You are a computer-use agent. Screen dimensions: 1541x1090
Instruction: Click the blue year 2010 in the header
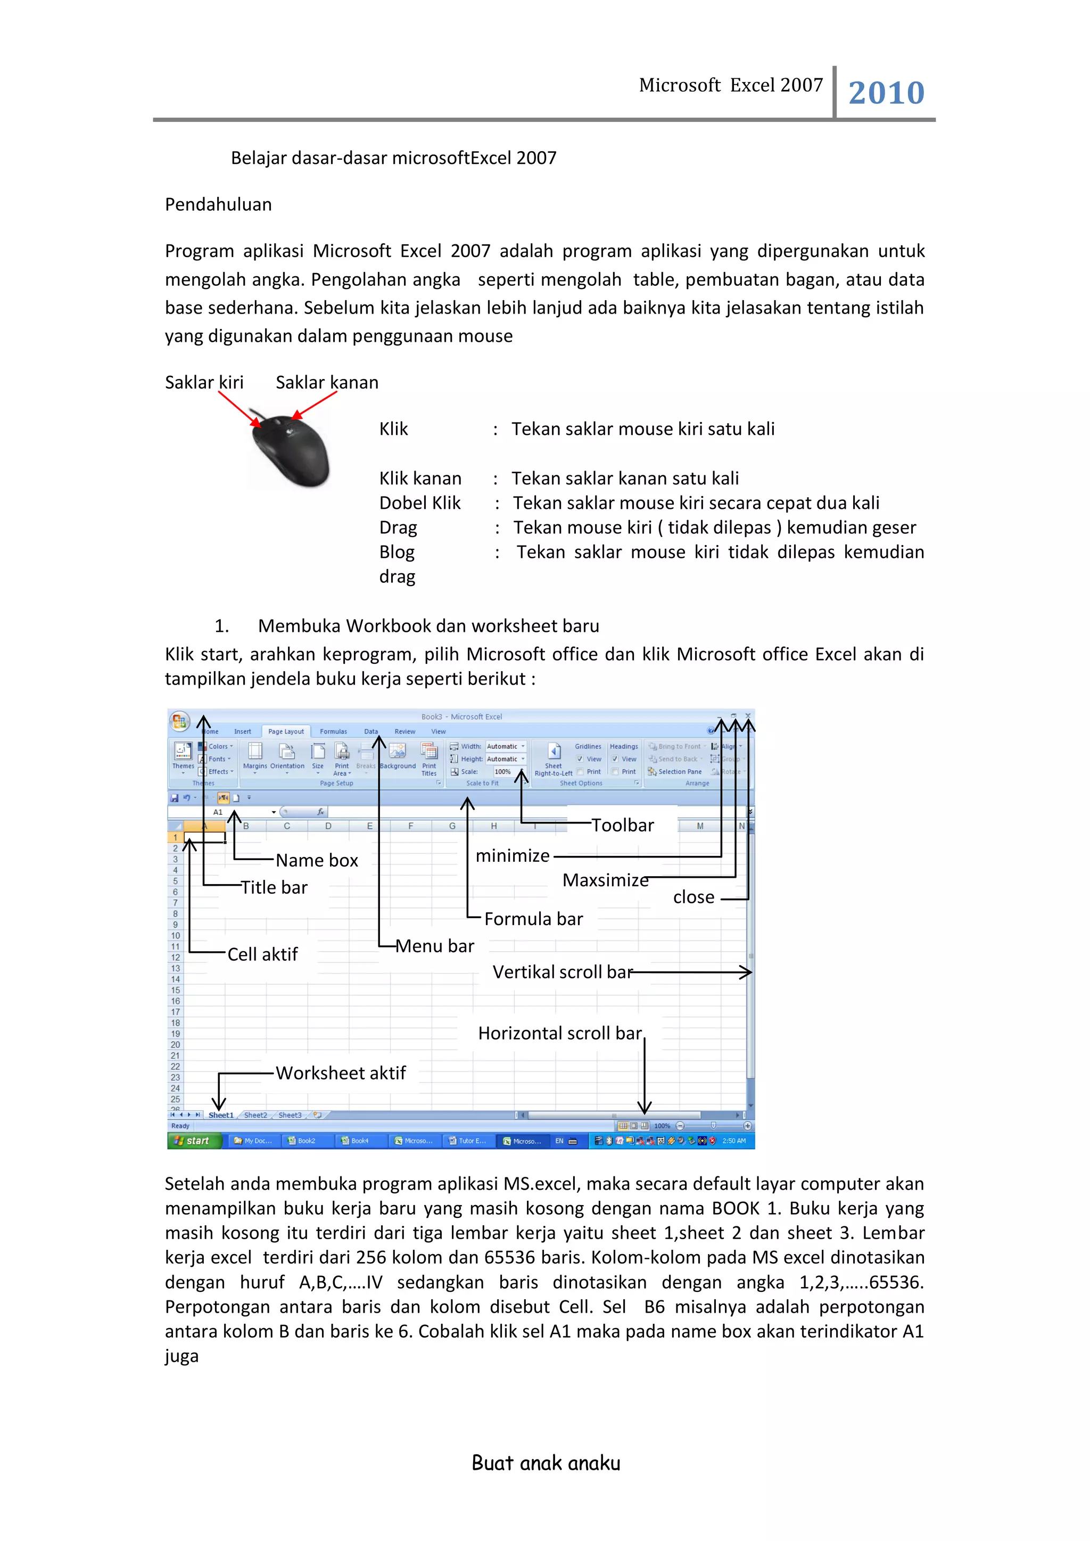[886, 93]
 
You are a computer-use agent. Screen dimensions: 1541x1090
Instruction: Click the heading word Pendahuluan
[218, 205]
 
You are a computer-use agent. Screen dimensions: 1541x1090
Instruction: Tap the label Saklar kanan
[327, 383]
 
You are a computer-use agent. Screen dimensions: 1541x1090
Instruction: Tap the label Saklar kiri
[204, 383]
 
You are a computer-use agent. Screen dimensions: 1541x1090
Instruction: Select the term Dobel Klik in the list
[419, 504]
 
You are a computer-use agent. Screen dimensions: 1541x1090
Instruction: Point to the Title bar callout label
[274, 887]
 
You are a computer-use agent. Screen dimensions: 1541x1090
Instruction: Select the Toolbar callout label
[622, 826]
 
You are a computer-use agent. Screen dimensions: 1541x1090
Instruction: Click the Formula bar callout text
[534, 919]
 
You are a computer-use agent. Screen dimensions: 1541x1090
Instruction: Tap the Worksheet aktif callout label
[341, 1073]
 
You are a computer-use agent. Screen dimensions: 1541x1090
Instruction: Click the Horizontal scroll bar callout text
[560, 1034]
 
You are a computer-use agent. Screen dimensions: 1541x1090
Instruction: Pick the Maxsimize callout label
[605, 880]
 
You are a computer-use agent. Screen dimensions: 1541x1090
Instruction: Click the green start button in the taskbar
[193, 1141]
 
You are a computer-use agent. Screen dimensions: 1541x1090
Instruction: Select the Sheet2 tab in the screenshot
[255, 1116]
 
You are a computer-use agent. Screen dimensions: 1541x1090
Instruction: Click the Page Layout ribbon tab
[286, 731]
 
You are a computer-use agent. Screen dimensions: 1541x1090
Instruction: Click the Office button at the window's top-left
[179, 721]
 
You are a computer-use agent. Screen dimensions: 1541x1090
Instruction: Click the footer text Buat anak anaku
[546, 1464]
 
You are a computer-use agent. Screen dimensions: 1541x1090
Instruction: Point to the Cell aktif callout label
[262, 954]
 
